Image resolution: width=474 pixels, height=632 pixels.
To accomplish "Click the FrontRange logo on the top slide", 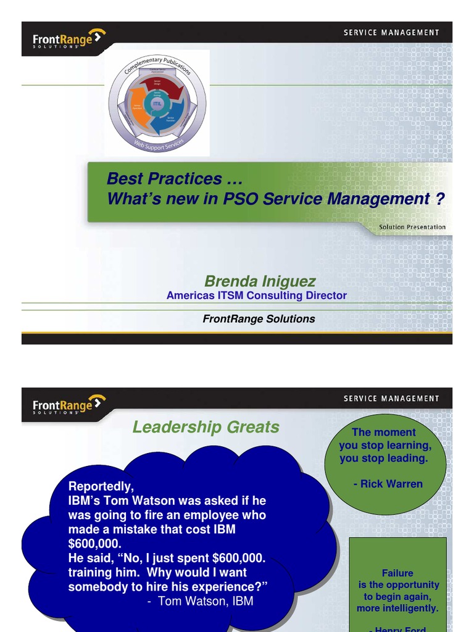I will coord(69,39).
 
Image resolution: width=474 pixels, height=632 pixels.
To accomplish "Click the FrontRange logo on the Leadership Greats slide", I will coord(69,405).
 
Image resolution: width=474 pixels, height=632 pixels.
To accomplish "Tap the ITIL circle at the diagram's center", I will coord(157,104).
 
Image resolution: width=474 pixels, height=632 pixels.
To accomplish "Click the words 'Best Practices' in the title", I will coord(164,179).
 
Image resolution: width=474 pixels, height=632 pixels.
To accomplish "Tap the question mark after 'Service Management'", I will coord(440,199).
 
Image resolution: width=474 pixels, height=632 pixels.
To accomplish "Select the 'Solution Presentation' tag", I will coord(412,227).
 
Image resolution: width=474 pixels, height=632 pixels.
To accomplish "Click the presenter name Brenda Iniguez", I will coord(260,281).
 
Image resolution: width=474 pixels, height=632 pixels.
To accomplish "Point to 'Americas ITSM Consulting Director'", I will coord(256,296).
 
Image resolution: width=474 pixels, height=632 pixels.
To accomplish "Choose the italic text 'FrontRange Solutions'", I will coord(259,319).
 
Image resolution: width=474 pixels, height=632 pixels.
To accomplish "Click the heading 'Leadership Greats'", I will coord(206,427).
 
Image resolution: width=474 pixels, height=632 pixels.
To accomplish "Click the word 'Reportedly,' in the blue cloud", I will coord(101,487).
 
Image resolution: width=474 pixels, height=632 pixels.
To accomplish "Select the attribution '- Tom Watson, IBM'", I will coord(200,601).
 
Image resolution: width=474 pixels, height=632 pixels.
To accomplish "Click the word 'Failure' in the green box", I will coord(397,573).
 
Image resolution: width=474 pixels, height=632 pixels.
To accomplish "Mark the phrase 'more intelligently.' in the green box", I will coord(397,609).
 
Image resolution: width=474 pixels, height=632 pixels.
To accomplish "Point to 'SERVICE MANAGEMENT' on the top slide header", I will coord(391,33).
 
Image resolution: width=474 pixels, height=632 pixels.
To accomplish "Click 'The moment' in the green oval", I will coord(384,433).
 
